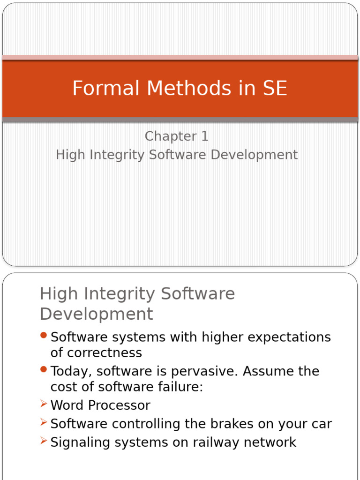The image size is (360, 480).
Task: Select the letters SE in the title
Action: (274, 89)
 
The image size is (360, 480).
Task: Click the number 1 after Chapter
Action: (204, 136)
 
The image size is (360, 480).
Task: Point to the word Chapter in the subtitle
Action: (170, 136)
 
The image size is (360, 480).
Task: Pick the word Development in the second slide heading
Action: (97, 314)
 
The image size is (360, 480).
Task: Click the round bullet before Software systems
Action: (44, 335)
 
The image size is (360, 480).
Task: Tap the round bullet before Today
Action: (44, 369)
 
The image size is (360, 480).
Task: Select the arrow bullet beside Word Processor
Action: (44, 404)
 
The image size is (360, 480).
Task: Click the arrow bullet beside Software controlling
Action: (44, 423)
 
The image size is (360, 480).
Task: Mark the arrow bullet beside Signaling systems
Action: (44, 441)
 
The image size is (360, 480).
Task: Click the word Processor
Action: (119, 405)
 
